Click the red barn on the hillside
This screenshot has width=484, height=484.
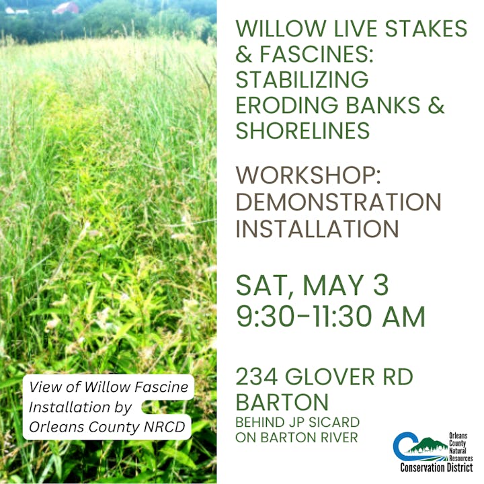coord(65,8)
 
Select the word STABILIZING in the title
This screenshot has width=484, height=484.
coord(302,80)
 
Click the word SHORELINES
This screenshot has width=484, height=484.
coord(302,130)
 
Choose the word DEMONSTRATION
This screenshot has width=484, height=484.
coord(338,201)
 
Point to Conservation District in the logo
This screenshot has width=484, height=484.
coord(436,467)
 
